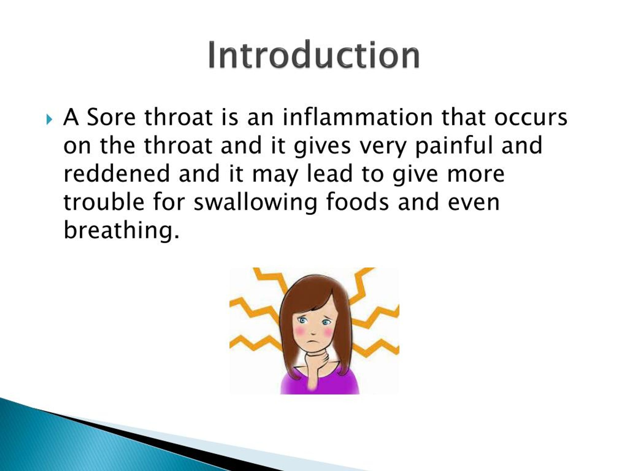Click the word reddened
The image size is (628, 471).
tap(117, 173)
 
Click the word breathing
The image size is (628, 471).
tap(121, 231)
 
